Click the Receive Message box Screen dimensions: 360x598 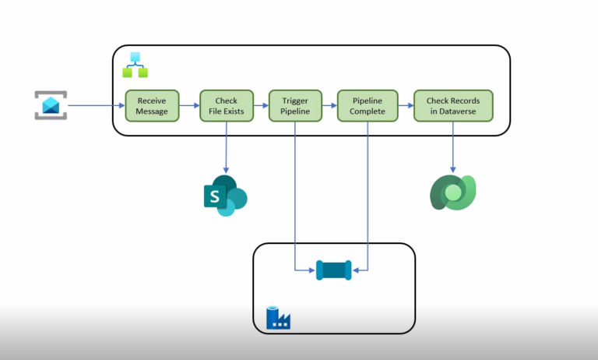coord(152,106)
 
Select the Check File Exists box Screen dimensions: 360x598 coord(226,106)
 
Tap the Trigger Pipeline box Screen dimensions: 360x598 coord(294,106)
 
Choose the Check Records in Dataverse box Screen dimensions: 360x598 coord(452,106)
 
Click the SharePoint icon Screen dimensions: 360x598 coord(224,196)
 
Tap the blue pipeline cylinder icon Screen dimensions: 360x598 coord(334,270)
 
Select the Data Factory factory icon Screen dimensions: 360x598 coord(278,317)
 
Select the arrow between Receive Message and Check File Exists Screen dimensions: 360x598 coord(189,105)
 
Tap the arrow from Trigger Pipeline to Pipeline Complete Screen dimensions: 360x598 coord(329,105)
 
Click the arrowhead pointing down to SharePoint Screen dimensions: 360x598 coord(226,169)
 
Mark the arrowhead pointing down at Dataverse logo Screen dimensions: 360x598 coord(452,168)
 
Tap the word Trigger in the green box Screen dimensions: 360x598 coord(294,101)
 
